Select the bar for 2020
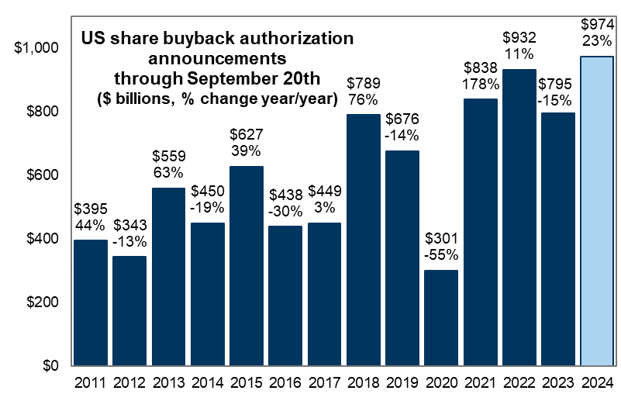pyautogui.click(x=441, y=317)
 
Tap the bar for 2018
pyautogui.click(x=363, y=240)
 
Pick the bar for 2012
pyautogui.click(x=129, y=310)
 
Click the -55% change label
pyautogui.click(x=441, y=254)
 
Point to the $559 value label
pyautogui.click(x=168, y=157)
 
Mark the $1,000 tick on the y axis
pyautogui.click(x=36, y=48)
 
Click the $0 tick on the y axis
pyautogui.click(x=49, y=365)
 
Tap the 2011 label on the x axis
pyautogui.click(x=90, y=382)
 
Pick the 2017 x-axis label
pyautogui.click(x=324, y=382)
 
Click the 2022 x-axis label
pyautogui.click(x=519, y=382)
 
